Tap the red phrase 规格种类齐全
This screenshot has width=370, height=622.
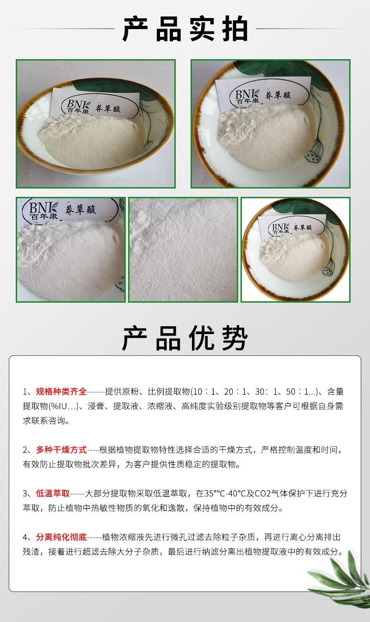point(61,392)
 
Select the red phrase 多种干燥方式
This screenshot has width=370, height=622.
point(61,450)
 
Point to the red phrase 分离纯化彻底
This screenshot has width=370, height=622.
point(61,537)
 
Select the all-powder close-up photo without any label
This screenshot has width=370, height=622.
point(183,250)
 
